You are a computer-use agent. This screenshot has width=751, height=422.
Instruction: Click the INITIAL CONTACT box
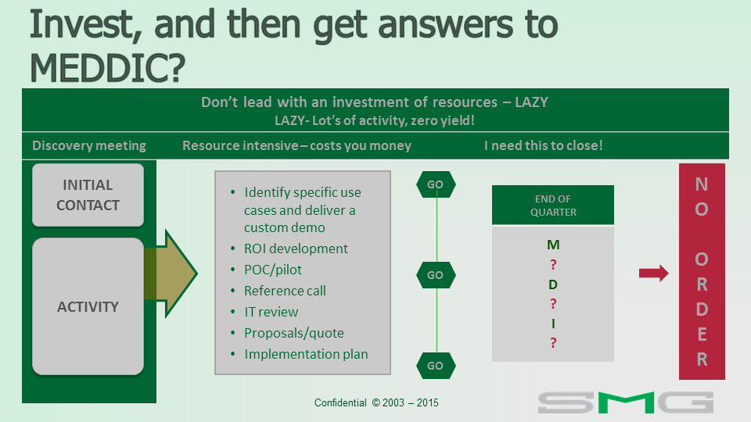88,195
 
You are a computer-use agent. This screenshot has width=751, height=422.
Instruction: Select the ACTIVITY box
88,306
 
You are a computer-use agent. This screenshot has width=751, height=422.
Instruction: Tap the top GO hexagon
436,184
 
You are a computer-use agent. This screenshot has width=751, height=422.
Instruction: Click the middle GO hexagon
436,275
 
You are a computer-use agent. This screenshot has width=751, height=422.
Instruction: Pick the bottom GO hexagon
436,366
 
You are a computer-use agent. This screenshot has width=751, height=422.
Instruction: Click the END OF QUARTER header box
553,206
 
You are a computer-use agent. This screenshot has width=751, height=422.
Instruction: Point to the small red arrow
654,274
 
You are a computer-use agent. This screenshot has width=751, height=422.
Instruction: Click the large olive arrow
171,274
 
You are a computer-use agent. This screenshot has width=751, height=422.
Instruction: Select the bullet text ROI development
296,249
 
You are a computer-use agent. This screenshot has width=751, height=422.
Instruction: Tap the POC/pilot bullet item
273,270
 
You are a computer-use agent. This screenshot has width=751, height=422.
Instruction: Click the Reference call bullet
285,291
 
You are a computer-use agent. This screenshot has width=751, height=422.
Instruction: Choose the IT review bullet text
271,312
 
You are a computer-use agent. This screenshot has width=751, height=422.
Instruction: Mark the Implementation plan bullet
306,354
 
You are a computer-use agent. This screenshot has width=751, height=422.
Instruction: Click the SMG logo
626,402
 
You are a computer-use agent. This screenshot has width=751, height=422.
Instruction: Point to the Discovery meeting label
89,145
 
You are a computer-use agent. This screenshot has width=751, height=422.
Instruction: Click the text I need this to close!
544,145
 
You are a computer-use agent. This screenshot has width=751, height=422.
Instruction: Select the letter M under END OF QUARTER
553,245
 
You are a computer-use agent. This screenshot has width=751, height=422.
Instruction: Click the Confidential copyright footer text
376,403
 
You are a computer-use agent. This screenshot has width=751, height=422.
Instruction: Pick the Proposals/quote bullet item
294,333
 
